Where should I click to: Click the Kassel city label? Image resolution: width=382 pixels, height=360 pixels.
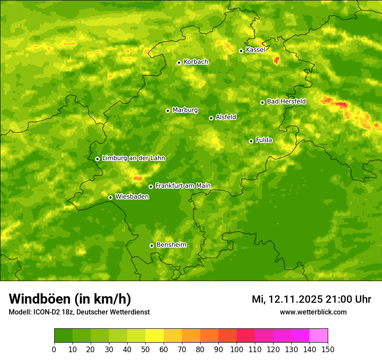tap(255, 50)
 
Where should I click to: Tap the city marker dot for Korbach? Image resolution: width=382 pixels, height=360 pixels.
tap(179, 62)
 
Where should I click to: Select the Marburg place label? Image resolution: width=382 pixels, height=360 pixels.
tap(185, 110)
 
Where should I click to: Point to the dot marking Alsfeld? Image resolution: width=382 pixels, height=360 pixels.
tap(211, 118)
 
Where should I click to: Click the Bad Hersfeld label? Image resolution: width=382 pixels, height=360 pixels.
tap(286, 101)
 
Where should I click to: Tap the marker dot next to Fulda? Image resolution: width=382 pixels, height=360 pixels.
tap(251, 141)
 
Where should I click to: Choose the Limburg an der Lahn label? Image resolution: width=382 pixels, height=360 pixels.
tap(133, 158)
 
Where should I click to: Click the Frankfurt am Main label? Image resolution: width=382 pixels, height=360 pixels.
tap(183, 186)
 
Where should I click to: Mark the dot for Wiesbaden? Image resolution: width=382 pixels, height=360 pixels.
tap(110, 197)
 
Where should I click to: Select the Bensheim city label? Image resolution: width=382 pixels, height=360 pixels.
tap(171, 245)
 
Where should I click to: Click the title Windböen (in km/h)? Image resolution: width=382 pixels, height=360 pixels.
tap(70, 299)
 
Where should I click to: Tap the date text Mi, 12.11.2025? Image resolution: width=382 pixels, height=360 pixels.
tap(287, 299)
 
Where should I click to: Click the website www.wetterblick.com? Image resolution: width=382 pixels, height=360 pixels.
tap(313, 312)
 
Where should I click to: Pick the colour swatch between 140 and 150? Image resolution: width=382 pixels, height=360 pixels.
tap(319, 336)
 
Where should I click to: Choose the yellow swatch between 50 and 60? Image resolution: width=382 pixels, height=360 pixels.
tap(155, 336)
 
